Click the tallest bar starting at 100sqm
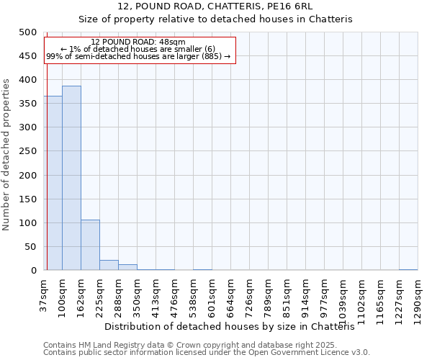pos(71,179)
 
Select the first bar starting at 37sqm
pos(53,184)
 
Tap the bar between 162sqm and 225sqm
pos(90,246)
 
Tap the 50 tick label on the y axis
pos(30,247)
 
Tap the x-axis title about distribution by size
pos(235,327)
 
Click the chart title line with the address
pos(215,6)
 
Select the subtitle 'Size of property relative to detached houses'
pos(215,19)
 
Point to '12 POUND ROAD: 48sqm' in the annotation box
pos(138,42)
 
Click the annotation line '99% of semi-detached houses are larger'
pos(138,56)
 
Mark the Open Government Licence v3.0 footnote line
pos(207,353)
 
